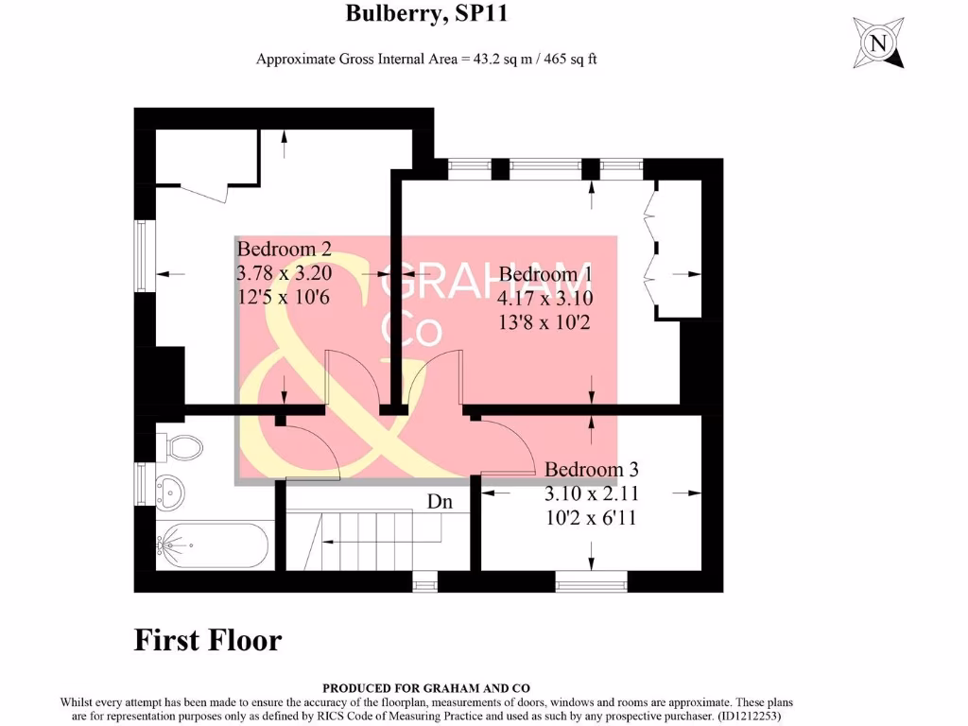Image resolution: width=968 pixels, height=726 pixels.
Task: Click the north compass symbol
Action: click(879, 43)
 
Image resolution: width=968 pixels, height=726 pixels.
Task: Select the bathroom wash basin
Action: click(169, 491)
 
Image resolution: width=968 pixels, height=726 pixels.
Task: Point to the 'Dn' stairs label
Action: click(440, 502)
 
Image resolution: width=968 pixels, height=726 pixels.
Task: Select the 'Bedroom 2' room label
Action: click(284, 250)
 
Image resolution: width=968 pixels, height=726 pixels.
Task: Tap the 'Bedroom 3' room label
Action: click(592, 470)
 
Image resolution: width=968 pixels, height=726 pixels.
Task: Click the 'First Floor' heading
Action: click(208, 640)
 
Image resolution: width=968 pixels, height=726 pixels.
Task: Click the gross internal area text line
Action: click(426, 59)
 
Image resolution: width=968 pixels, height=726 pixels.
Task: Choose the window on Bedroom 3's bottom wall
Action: click(592, 581)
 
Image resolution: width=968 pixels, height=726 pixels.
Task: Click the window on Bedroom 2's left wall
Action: click(143, 257)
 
